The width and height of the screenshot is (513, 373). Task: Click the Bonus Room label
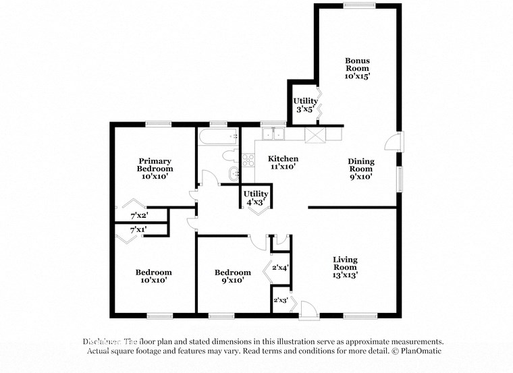[x=357, y=68]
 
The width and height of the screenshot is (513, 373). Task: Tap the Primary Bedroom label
[x=155, y=168]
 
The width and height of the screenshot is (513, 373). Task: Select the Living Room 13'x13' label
[x=345, y=266]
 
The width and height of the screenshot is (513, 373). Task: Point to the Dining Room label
[x=360, y=169]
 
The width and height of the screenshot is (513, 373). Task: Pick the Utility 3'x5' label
[x=305, y=105]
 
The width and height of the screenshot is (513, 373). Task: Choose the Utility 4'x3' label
[x=256, y=198]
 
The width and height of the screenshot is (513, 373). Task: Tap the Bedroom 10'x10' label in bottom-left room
[x=154, y=276]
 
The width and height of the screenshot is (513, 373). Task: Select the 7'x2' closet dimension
[x=138, y=216]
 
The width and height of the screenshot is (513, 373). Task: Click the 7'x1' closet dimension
[x=138, y=230]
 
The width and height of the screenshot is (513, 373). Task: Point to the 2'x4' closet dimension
[x=280, y=268]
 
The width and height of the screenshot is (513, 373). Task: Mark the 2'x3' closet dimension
[x=280, y=299]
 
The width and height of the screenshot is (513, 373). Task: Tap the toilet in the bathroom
[x=229, y=157]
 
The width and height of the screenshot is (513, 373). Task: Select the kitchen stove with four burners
[x=248, y=160]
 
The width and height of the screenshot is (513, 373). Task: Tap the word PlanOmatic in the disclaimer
[x=419, y=351]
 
